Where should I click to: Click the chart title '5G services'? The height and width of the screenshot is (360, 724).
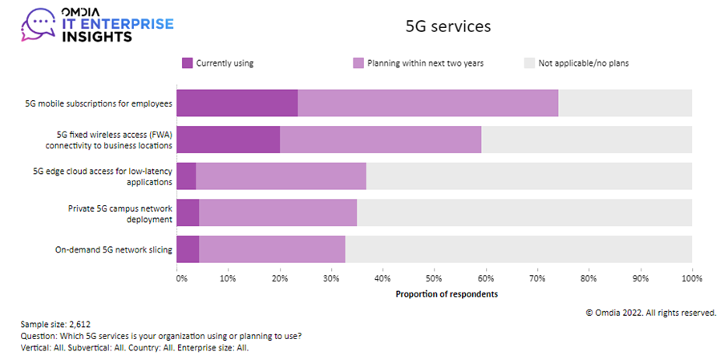click(x=448, y=26)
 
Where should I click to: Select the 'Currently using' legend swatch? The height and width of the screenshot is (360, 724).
click(x=188, y=63)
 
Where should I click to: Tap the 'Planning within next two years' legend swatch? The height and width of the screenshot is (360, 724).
click(x=358, y=63)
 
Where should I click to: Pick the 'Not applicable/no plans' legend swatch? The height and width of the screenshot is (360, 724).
click(x=529, y=63)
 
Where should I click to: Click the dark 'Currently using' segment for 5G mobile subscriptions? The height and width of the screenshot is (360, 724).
click(x=237, y=103)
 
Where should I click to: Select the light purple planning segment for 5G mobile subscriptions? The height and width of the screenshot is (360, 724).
click(x=428, y=103)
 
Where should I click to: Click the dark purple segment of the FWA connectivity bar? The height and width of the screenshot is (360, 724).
click(x=229, y=139)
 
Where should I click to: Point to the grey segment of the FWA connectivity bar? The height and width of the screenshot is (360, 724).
click(x=586, y=139)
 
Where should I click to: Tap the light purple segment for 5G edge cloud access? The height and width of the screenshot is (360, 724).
click(x=281, y=176)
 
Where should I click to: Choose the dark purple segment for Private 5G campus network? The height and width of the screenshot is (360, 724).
click(x=188, y=212)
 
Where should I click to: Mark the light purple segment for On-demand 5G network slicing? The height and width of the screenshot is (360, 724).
click(x=272, y=249)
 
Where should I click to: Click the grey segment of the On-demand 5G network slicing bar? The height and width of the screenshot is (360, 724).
click(x=518, y=249)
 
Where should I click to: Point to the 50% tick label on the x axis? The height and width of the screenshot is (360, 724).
click(x=433, y=279)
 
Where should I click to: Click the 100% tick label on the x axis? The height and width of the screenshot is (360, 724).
click(x=690, y=279)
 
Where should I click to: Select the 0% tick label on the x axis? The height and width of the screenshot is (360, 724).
click(x=181, y=279)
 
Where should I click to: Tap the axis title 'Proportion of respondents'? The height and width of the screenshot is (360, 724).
click(x=447, y=294)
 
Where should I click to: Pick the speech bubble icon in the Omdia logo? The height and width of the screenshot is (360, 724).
click(x=38, y=24)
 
